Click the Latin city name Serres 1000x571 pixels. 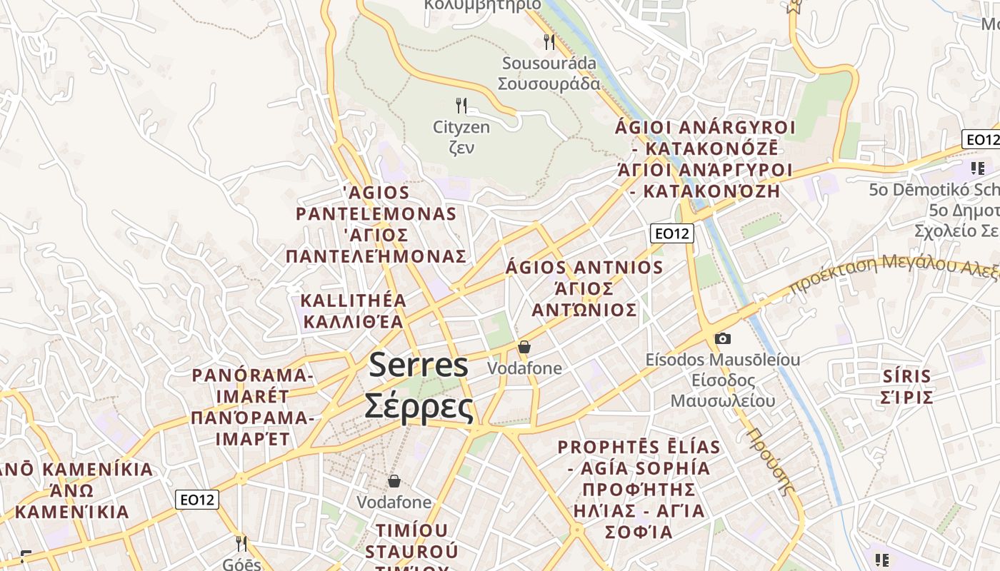[x=419, y=365]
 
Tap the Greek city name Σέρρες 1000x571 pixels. [x=419, y=407]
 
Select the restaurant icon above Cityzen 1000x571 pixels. [x=461, y=106]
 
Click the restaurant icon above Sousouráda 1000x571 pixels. [x=549, y=41]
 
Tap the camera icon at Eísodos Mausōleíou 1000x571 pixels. [x=723, y=338]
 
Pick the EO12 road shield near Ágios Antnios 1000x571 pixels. [x=672, y=233]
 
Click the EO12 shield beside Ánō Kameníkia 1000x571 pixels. [x=197, y=500]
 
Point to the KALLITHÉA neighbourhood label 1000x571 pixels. [x=354, y=300]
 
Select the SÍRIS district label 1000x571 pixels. [x=906, y=377]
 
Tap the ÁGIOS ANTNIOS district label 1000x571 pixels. [x=584, y=268]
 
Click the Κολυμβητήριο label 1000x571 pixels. [x=483, y=4]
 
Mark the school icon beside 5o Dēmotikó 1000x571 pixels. [x=977, y=168]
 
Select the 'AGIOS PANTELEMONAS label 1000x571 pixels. [x=376, y=203]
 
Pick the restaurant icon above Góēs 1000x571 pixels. [x=241, y=544]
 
